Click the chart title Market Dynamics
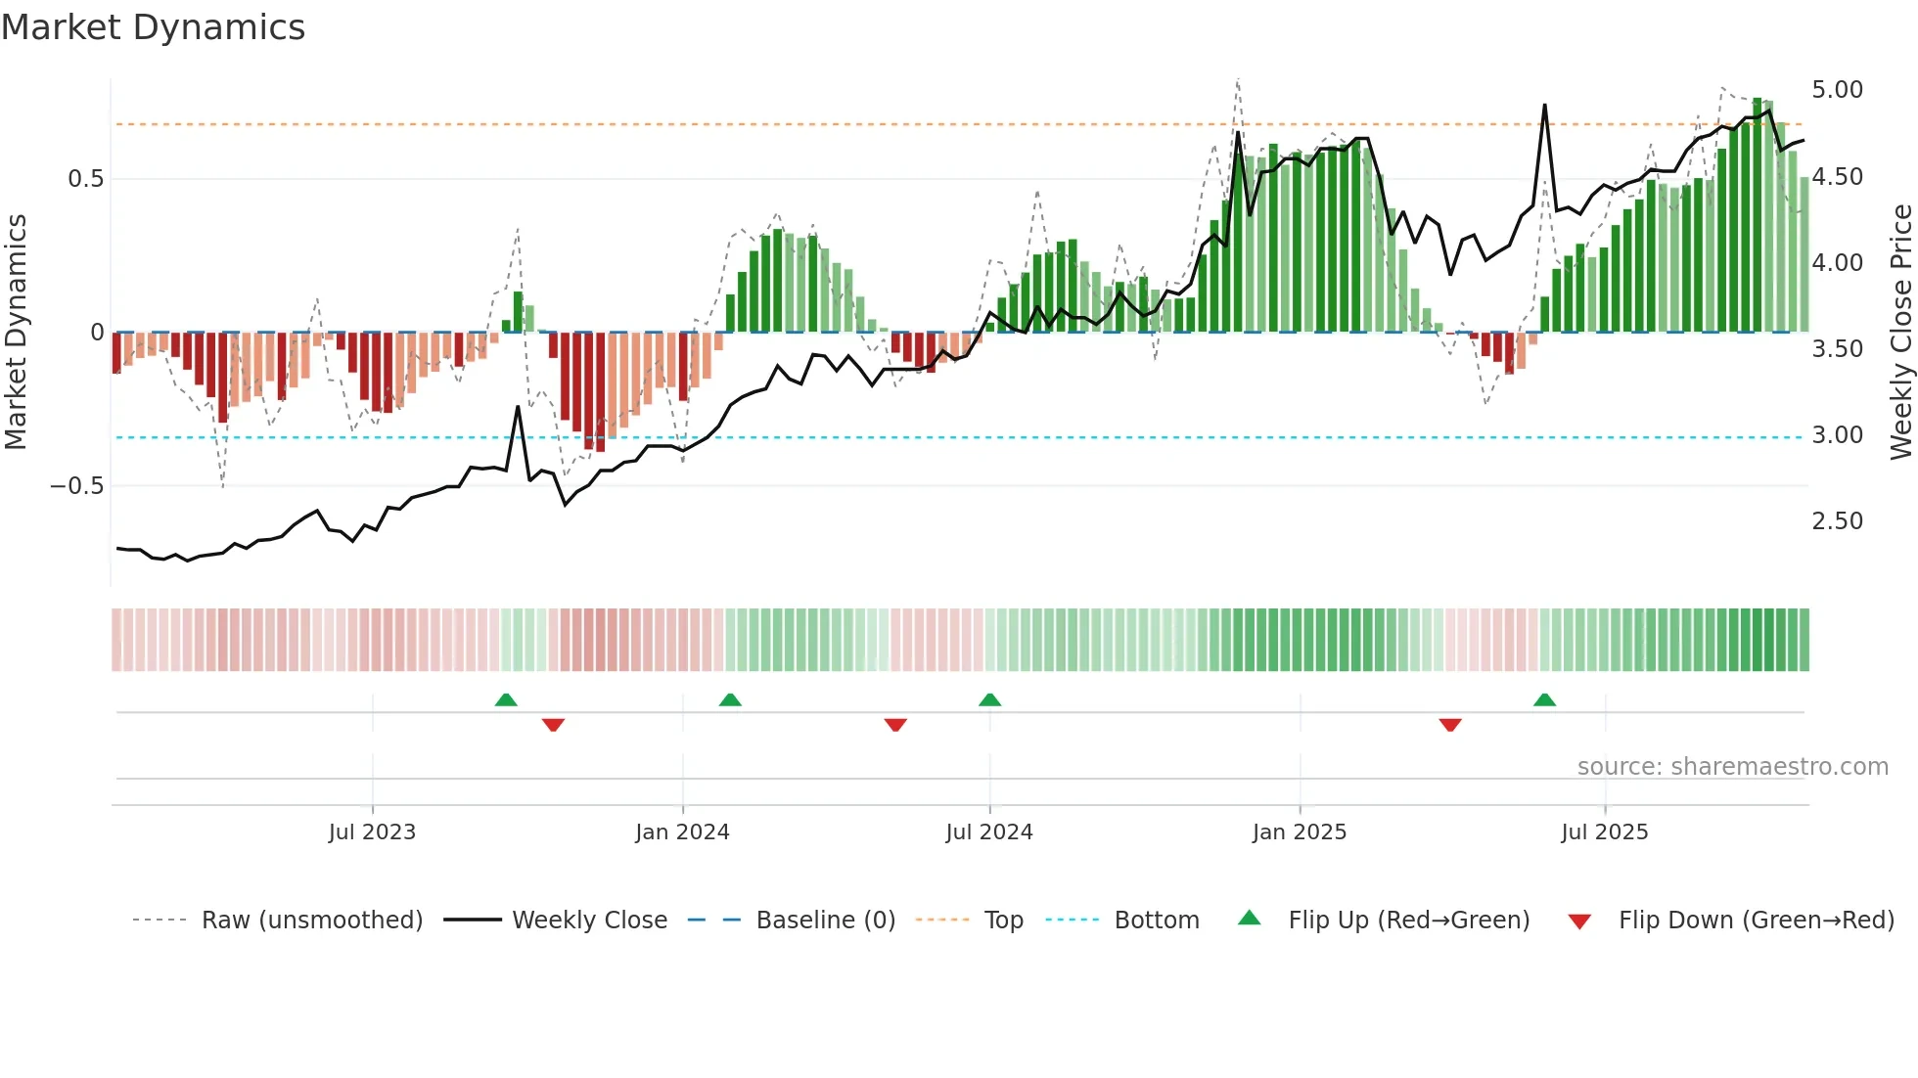[x=154, y=27]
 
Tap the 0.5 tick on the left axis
[x=85, y=179]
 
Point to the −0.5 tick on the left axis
[x=77, y=486]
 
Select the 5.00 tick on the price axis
[x=1837, y=90]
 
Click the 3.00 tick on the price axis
[x=1837, y=435]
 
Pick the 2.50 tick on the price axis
[x=1837, y=521]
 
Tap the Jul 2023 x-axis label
[x=372, y=832]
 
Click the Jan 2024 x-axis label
[x=682, y=832]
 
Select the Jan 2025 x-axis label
[x=1300, y=832]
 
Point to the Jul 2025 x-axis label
[x=1605, y=832]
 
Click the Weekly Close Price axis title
[x=1900, y=333]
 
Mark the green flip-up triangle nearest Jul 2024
[x=989, y=699]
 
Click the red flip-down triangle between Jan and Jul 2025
[x=1450, y=725]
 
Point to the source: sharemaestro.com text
[x=1732, y=767]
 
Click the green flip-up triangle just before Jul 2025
[x=1544, y=699]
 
